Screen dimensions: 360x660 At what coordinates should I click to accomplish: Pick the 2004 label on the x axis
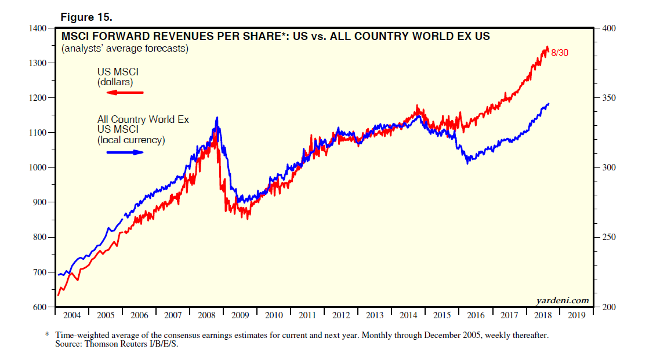pos(72,316)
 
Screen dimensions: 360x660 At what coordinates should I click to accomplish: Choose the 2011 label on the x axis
pos(307,316)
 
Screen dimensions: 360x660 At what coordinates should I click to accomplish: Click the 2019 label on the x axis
pos(576,316)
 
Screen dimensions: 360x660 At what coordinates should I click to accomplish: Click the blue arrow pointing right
pos(125,152)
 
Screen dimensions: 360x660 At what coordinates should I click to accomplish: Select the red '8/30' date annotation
pos(561,53)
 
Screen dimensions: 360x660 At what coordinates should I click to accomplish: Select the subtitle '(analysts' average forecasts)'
pos(125,49)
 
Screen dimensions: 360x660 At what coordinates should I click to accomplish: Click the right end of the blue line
pos(549,104)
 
